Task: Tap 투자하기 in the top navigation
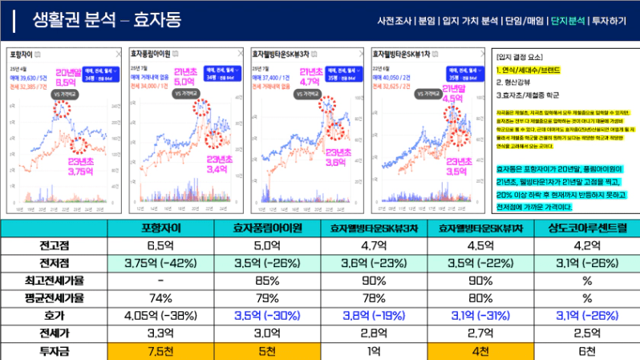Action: [x=611, y=20]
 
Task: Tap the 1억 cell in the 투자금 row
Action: [x=373, y=350]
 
